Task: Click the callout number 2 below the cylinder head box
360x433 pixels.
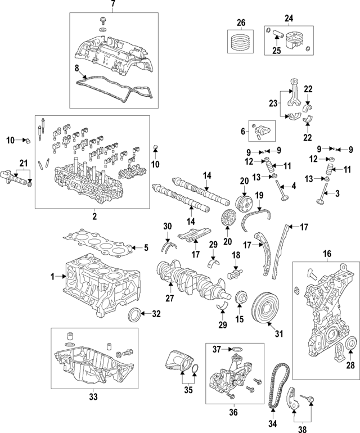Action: [93, 216]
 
